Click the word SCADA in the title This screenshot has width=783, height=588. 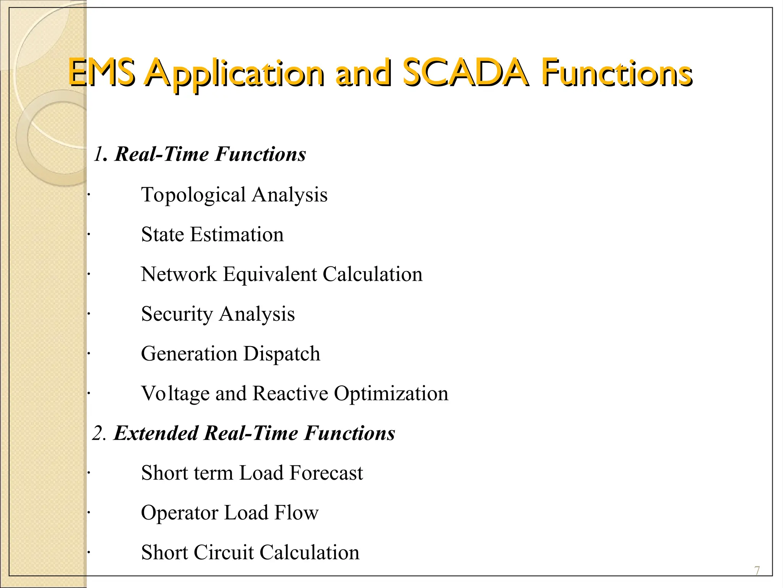(465, 73)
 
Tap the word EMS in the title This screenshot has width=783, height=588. (101, 73)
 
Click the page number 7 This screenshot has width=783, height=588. (757, 571)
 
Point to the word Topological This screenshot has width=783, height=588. (193, 195)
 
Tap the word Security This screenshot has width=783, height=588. (177, 314)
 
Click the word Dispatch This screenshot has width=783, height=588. (282, 354)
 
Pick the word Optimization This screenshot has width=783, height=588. (391, 394)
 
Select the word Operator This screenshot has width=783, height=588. (179, 513)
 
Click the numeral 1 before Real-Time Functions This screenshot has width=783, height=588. (98, 154)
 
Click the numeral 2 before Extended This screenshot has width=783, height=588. (98, 434)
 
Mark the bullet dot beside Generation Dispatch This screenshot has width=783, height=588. (88, 354)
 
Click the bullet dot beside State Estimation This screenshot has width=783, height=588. (88, 235)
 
